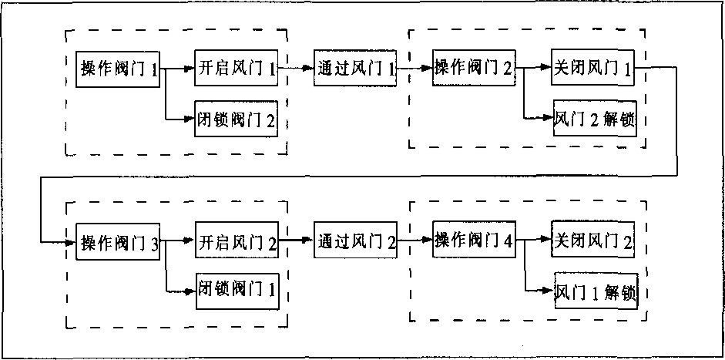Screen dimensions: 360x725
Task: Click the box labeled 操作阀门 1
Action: coord(119,69)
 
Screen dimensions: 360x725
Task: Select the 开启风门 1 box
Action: coord(237,69)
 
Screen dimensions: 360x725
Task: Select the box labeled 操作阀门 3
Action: coord(119,243)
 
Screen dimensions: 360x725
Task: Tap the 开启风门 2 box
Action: coord(237,242)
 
